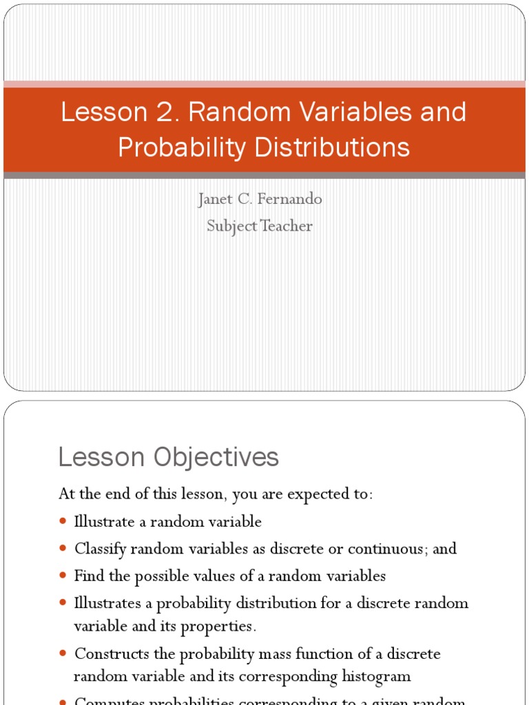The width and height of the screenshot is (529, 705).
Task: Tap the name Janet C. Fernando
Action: click(260, 200)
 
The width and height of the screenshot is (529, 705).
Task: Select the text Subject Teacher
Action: click(260, 226)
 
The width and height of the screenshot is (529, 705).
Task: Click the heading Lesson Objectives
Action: click(169, 457)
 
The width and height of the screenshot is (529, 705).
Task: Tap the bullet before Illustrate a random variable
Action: click(63, 521)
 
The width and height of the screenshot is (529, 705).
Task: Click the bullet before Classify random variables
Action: click(63, 549)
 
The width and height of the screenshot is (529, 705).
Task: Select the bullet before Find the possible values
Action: click(63, 576)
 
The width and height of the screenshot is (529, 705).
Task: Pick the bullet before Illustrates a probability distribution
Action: click(63, 603)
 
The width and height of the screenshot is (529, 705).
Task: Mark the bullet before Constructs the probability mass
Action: click(63, 653)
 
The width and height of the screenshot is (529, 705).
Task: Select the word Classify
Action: click(100, 549)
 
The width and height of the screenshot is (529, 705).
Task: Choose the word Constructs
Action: click(108, 653)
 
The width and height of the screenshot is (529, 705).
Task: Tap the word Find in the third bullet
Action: click(87, 576)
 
